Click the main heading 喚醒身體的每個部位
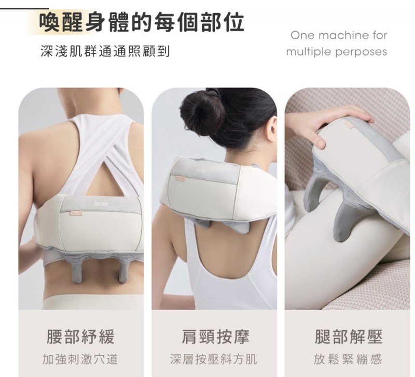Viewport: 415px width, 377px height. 142,22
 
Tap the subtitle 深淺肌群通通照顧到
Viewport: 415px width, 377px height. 105,51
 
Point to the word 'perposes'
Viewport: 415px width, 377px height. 361,52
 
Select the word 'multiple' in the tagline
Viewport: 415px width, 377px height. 309,51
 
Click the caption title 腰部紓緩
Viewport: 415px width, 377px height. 80,337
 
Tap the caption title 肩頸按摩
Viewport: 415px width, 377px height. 215,337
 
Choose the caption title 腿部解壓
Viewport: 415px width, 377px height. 348,337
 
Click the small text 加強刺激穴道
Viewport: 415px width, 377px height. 80,359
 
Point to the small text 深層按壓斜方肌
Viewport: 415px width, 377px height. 213,359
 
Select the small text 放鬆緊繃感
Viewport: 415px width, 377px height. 348,359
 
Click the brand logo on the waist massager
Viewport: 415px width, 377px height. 101,204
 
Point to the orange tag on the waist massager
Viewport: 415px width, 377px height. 76,212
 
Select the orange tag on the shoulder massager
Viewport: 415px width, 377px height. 182,180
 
